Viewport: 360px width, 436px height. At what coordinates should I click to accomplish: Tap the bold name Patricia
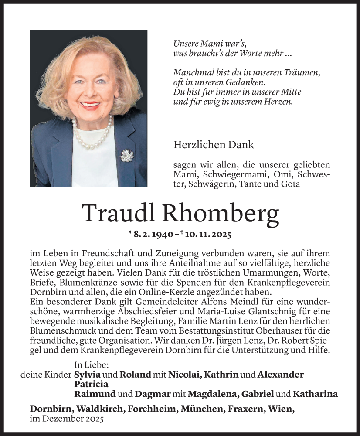(91, 384)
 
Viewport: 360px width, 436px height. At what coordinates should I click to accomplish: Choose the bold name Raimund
(95, 394)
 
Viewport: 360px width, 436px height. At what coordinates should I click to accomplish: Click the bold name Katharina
(315, 394)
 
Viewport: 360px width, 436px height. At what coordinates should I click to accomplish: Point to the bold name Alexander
(281, 375)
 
